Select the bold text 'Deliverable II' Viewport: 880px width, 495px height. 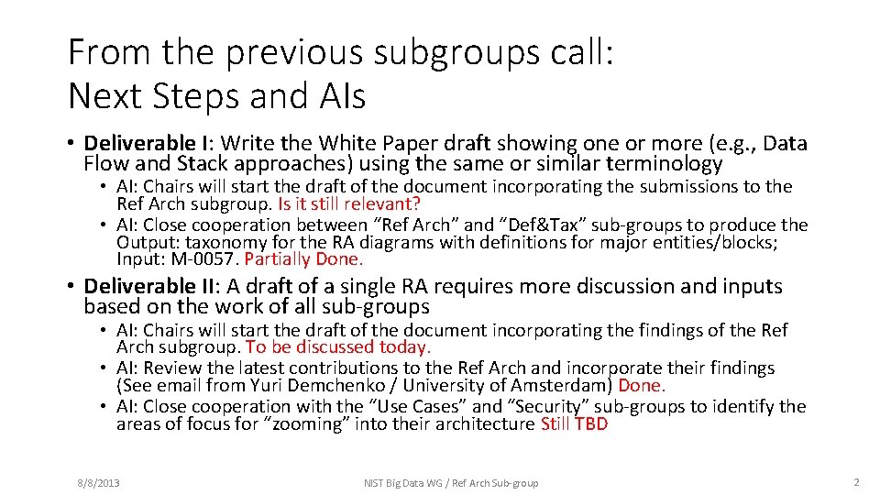point(149,287)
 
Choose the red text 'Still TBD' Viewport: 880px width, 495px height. point(574,424)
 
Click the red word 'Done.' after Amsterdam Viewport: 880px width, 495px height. point(642,386)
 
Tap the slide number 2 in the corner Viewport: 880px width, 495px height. point(856,482)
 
